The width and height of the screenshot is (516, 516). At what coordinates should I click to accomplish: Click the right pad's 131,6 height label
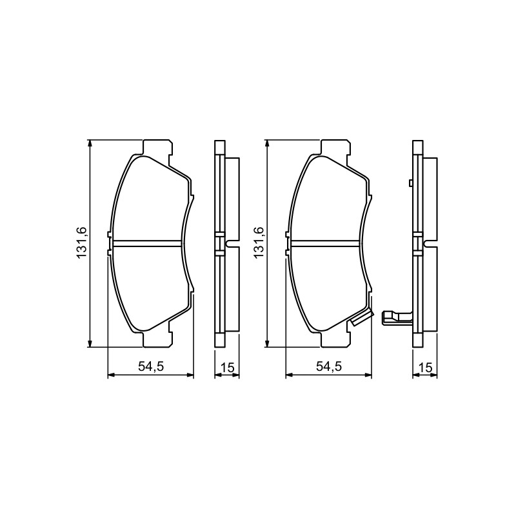tap(259, 243)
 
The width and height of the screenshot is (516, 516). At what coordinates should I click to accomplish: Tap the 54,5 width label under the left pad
tap(151, 366)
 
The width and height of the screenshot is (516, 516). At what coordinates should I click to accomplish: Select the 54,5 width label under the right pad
tap(329, 366)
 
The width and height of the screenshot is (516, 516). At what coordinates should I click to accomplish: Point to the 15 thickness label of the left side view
tap(228, 367)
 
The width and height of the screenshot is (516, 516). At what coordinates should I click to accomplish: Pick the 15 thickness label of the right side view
tap(425, 367)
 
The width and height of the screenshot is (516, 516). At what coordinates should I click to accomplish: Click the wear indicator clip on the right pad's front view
tap(362, 317)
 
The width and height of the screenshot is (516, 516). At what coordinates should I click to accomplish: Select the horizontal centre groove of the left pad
tap(147, 243)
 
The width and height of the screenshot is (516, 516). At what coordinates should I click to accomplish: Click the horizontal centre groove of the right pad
tap(325, 243)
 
